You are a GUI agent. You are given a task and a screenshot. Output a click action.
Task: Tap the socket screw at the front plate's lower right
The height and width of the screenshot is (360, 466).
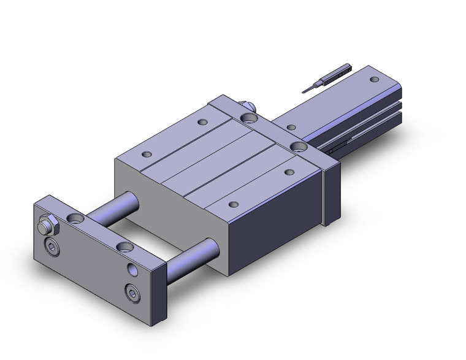tap(132, 290)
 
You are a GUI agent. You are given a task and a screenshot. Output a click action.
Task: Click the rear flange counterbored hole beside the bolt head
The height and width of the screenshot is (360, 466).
tap(249, 117)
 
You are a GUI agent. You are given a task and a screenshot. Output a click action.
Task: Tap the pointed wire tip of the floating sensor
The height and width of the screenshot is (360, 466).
tap(306, 91)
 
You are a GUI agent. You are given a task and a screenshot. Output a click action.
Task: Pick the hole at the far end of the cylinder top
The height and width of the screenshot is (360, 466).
tap(374, 79)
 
